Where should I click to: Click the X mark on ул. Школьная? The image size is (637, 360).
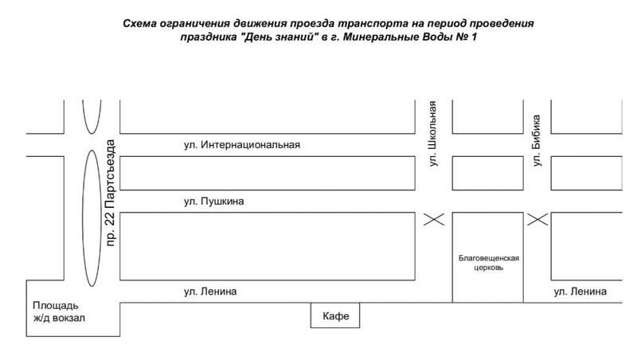tap(434, 219)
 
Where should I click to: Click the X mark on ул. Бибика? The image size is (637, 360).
tap(537, 219)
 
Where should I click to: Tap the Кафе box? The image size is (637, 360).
tap(335, 315)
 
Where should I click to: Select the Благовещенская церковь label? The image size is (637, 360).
tap(489, 263)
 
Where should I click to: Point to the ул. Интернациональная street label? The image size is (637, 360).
tap(242, 145)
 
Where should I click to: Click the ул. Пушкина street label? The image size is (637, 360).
tap(213, 202)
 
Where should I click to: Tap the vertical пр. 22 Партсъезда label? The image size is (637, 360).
tap(111, 193)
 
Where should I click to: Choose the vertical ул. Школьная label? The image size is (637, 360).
tap(433, 133)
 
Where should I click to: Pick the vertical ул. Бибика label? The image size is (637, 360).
tap(537, 140)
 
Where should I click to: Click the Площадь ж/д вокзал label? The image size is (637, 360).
tap(59, 311)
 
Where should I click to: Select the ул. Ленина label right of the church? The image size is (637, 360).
tap(580, 292)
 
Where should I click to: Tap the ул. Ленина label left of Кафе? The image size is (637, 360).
tap(210, 292)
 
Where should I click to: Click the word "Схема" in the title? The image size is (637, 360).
tap(140, 24)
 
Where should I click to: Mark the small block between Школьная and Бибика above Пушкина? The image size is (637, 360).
tap(488, 173)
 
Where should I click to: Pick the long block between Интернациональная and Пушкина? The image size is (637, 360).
tap(268, 173)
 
